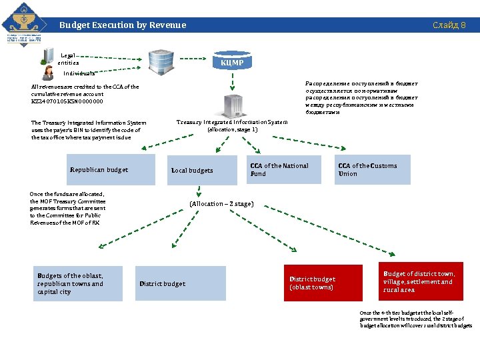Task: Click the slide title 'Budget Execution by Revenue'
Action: [x=123, y=25]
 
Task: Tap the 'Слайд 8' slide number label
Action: [x=449, y=25]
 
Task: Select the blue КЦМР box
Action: [x=232, y=63]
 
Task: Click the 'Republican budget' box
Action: [x=112, y=169]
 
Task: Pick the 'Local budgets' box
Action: [x=203, y=170]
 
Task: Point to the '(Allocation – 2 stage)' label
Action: [x=221, y=203]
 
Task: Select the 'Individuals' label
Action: [x=79, y=73]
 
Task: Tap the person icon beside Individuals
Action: [x=48, y=71]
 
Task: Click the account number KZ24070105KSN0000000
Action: [x=67, y=102]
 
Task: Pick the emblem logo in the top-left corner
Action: [x=25, y=25]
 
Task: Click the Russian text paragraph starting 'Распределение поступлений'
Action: [x=362, y=98]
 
